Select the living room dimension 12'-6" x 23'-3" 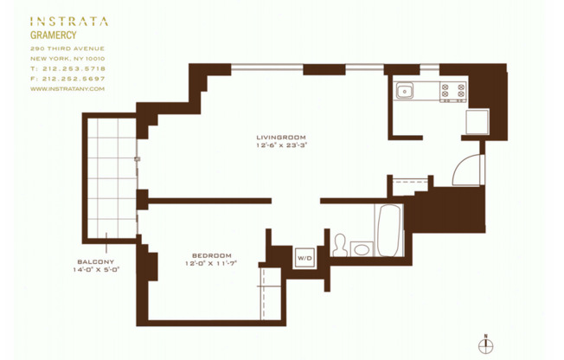pos(281,147)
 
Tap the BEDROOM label pos(212,254)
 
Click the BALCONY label pos(95,260)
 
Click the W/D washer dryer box pos(304,256)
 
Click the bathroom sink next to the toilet pos(362,250)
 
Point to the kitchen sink pos(405,89)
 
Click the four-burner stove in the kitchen pos(453,89)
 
